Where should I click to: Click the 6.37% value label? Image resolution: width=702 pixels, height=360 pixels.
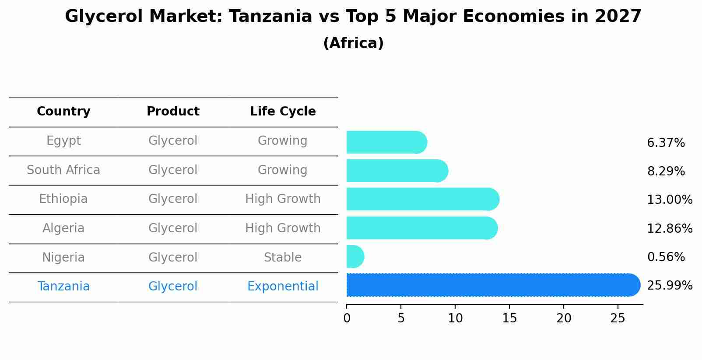coord(666,143)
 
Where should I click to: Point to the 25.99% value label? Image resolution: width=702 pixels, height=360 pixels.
coord(670,286)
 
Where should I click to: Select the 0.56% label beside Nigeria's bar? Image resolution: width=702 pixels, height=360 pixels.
coord(666,257)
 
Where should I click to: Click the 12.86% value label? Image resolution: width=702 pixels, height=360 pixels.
coord(670,229)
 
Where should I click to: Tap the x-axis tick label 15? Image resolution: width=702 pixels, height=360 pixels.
coord(509,318)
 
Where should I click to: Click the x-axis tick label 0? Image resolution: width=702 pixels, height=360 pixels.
coord(347,318)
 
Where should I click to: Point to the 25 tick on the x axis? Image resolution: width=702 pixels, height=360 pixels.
coord(618,318)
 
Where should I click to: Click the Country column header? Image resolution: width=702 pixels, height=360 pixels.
coord(63,112)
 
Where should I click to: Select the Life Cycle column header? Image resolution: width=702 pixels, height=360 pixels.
coord(283,112)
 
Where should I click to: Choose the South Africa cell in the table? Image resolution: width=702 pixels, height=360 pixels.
coord(63,170)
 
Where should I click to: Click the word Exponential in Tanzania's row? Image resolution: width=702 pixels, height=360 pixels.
coord(283,287)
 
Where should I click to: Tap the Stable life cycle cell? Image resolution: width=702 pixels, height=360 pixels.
coord(283,258)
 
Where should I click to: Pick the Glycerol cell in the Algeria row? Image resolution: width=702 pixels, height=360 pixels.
coord(173,228)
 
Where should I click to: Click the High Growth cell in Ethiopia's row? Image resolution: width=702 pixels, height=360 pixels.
coord(283,199)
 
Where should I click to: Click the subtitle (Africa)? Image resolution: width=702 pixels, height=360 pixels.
coord(353,43)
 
